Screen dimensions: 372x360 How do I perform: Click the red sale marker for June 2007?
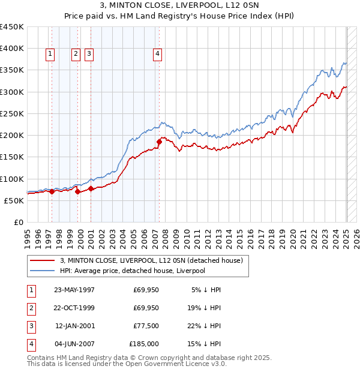(160, 142)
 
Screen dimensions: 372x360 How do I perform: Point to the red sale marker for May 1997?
(52, 192)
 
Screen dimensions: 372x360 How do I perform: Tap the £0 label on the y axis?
(18, 222)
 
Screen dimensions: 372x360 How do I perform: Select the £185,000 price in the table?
(144, 344)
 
